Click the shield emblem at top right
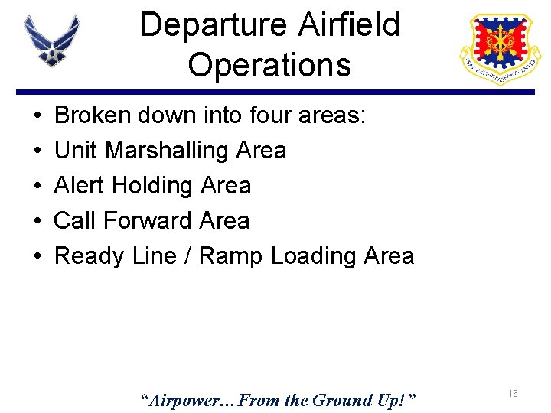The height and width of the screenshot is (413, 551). [498, 48]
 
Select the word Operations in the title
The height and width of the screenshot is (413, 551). [269, 65]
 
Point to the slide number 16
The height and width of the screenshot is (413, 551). [513, 393]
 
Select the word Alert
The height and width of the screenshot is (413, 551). [80, 186]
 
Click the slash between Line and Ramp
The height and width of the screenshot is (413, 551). [187, 256]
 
